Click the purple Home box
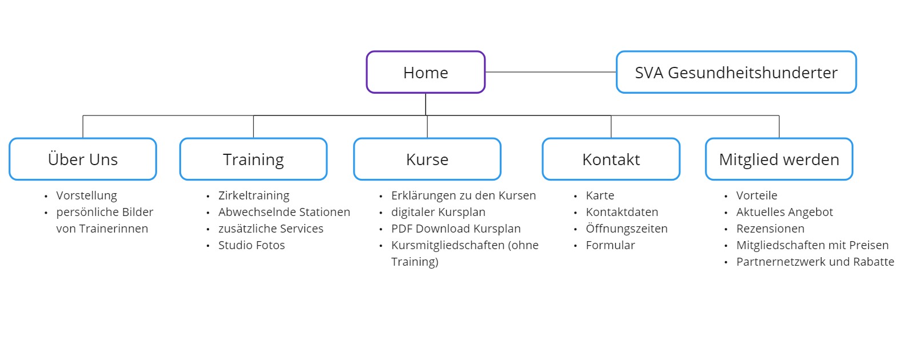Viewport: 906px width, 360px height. coord(426,72)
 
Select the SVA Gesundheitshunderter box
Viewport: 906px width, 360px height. coord(736,72)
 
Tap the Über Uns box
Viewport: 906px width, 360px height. coord(83,159)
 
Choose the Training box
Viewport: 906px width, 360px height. coord(254,159)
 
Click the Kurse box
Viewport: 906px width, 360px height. coord(427,159)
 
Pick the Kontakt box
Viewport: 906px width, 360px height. coord(611,159)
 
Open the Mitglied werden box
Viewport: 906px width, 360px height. coord(779,159)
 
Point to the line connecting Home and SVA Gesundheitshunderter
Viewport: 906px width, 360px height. coord(551,72)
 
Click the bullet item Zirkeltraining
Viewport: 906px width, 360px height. coord(254,196)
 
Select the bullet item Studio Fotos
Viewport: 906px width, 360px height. coord(251,245)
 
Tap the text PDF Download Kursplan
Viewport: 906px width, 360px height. coord(456,229)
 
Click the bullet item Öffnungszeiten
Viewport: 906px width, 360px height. coord(627,228)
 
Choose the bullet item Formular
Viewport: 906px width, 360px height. coord(610,245)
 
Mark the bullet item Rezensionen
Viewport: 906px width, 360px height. coord(770,229)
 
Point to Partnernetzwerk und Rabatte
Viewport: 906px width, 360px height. coord(815,262)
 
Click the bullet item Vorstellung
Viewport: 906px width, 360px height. coord(87,196)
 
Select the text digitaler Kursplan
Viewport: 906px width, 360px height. coord(438,212)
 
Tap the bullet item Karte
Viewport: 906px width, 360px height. coord(600,195)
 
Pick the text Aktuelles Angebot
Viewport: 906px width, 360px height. coord(784,212)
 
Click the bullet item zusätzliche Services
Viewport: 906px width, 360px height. coord(271,229)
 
